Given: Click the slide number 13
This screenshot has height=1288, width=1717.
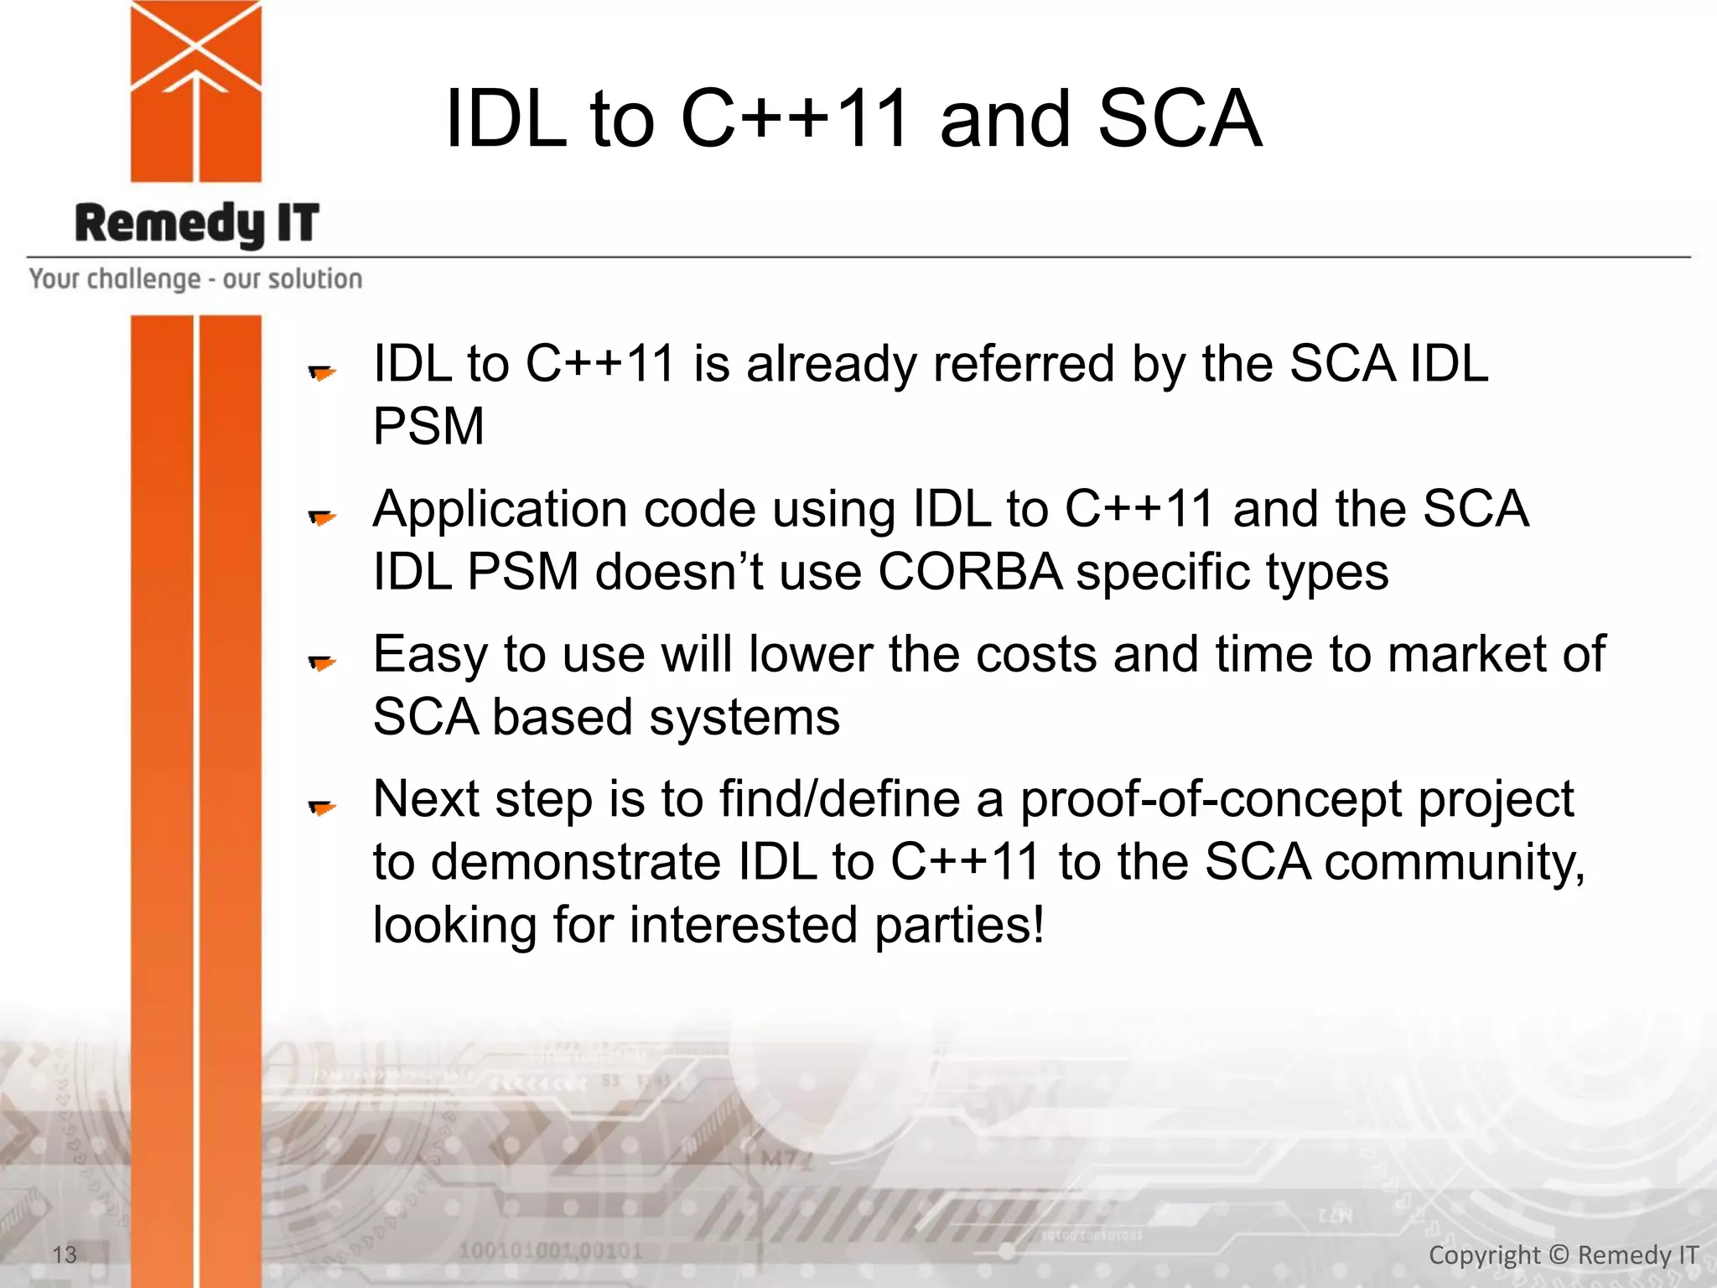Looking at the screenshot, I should [65, 1254].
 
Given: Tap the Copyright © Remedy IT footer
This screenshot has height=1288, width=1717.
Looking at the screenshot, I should [1563, 1254].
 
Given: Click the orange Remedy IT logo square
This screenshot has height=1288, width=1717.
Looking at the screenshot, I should [196, 92].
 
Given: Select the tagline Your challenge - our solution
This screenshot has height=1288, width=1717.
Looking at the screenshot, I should [195, 278].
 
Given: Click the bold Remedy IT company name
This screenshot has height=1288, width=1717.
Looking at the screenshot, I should [197, 224].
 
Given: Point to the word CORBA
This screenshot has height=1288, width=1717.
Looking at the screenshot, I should [970, 573].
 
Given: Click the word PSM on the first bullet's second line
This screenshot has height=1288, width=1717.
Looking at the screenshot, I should [428, 426].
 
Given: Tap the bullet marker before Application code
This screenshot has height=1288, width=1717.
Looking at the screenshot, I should [322, 517].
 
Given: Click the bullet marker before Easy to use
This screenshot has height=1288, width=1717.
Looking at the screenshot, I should [322, 663].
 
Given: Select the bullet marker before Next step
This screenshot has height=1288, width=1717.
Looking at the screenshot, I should [322, 808].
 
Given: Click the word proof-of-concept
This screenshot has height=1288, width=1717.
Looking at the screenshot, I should [1210, 799].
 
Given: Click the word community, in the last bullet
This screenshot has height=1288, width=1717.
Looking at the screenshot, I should [1454, 863].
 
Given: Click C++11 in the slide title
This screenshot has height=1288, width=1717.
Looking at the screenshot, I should [795, 119].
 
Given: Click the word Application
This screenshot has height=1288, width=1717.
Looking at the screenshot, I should [500, 510].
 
